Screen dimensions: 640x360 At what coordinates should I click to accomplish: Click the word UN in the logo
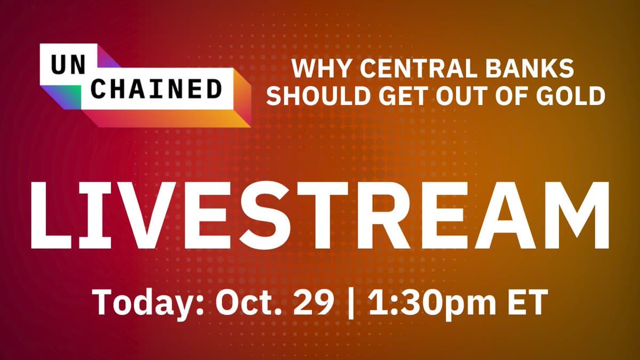click(69, 65)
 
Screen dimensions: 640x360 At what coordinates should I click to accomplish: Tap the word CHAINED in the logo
click(157, 89)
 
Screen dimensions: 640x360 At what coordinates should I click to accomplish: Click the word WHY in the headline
click(322, 69)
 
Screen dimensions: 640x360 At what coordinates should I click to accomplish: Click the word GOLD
click(571, 95)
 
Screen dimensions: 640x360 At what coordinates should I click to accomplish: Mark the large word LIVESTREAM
click(321, 215)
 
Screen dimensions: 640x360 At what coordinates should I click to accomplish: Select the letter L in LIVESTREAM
click(51, 215)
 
